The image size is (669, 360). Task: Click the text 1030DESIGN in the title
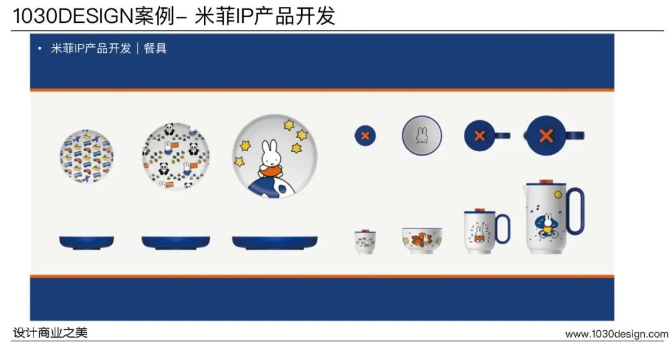[73, 15]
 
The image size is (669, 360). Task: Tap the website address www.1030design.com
[617, 333]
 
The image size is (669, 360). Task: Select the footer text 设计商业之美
[50, 333]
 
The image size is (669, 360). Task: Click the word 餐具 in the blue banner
[155, 48]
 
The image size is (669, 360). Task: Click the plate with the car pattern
[87, 157]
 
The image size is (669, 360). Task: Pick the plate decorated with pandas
[176, 156]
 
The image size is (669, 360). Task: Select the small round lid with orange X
[365, 136]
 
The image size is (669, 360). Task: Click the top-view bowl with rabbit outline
[422, 136]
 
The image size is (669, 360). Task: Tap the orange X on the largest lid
[546, 136]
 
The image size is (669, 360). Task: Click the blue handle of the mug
[503, 229]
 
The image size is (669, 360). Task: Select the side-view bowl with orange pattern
[422, 240]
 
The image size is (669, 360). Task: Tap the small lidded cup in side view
[365, 242]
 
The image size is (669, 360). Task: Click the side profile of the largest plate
[275, 242]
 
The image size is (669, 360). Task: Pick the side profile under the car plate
[87, 242]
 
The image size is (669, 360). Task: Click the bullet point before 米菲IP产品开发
[40, 48]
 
